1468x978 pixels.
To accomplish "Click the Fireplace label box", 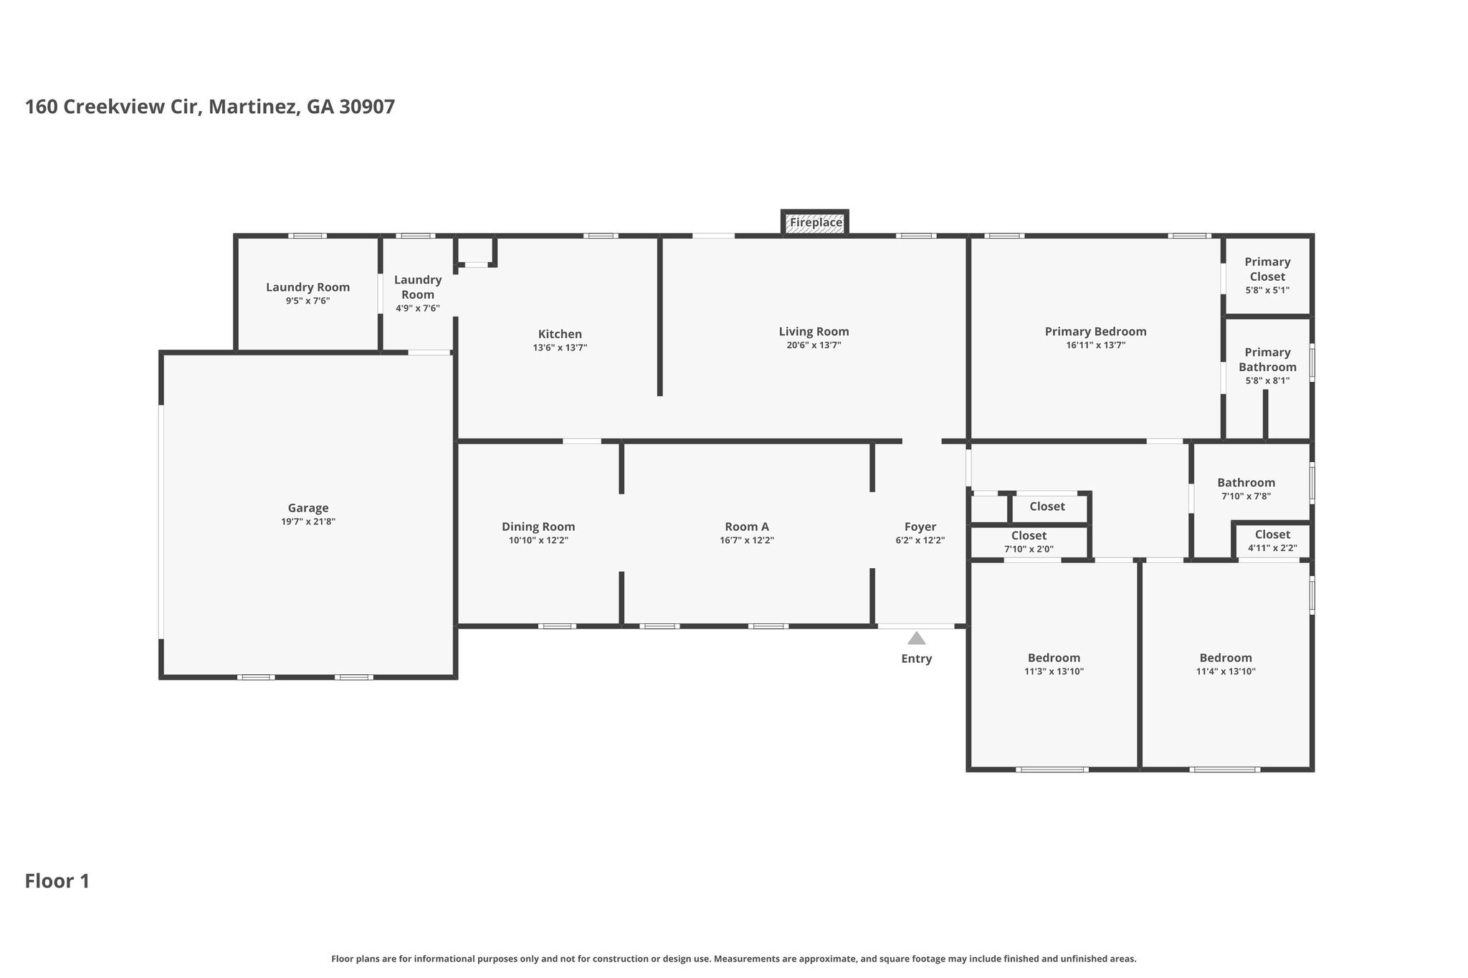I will [816, 223].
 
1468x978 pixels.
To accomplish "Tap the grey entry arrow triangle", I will [916, 638].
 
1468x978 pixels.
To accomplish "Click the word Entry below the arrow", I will [916, 659].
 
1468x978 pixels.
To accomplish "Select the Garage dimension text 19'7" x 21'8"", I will [308, 522].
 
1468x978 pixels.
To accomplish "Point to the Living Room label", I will [814, 332].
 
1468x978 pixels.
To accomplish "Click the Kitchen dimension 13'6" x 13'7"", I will [560, 348].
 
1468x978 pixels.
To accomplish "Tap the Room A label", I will [747, 527].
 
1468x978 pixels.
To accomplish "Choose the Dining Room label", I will [538, 527].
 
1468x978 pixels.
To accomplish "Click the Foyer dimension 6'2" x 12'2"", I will [920, 541].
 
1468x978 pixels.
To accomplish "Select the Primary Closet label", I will [1267, 269].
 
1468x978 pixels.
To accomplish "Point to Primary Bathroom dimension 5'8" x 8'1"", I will [1267, 381].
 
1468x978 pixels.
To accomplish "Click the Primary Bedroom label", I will [1095, 332].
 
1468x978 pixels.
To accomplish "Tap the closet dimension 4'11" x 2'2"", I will [1272, 549].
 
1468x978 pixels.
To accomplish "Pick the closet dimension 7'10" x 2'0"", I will [1029, 550].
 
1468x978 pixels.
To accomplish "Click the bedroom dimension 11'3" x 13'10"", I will [1054, 672].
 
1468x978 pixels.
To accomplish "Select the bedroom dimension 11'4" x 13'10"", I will [1226, 672].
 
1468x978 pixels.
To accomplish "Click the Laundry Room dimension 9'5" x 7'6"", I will [308, 302].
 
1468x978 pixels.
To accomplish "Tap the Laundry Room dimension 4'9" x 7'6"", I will [417, 309].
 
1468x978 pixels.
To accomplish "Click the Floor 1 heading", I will [57, 881].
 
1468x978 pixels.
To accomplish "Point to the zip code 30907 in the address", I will [367, 107].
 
